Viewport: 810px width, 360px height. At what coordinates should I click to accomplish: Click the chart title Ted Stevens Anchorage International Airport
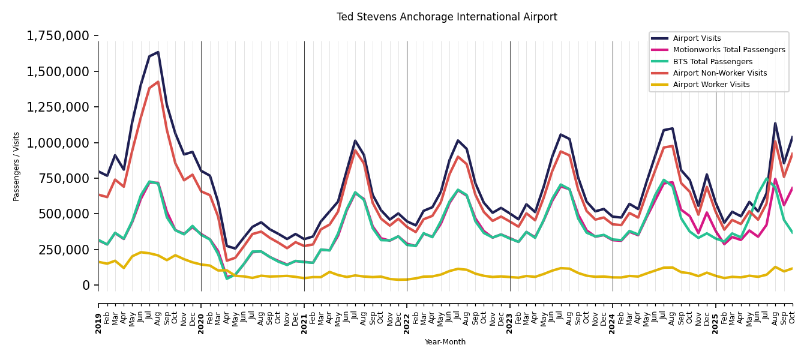446,17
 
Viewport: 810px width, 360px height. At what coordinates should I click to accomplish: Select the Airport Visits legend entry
697,38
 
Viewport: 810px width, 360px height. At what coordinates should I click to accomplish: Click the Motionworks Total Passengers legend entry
728,50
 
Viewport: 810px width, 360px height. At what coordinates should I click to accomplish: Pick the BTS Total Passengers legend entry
712,62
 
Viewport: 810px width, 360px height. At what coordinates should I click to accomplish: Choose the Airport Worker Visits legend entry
711,85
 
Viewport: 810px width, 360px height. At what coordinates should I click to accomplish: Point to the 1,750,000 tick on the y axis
58,36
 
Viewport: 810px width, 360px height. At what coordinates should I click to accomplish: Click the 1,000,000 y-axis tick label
58,143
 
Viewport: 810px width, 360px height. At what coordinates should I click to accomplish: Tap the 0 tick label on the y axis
86,285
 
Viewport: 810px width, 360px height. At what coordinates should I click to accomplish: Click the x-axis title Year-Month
445,342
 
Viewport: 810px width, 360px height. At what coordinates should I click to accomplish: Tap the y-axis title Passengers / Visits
17,166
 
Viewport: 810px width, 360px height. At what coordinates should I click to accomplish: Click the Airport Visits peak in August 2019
158,52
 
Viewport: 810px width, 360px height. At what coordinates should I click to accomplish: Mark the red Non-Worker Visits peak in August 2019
158,82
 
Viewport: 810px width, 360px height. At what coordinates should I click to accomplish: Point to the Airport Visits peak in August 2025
775,124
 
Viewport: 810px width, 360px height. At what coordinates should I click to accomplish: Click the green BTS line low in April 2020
227,278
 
